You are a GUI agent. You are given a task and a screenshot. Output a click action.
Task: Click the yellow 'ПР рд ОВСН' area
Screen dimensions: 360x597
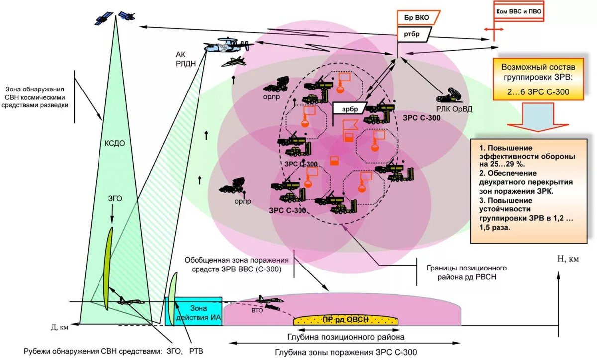pos(346,319)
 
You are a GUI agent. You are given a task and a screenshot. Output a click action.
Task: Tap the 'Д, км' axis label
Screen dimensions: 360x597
pos(59,327)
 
